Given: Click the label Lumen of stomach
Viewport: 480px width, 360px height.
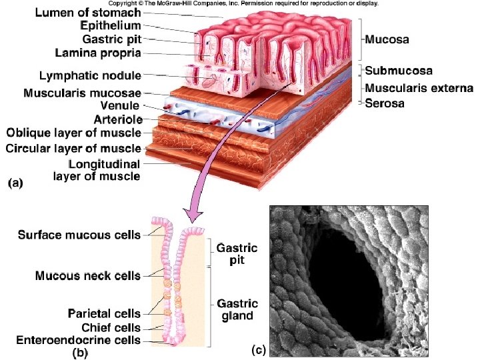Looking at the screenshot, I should [88, 13].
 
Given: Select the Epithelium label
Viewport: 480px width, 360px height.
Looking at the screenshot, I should [110, 26].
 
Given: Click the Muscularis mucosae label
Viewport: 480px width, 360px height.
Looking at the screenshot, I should [87, 93].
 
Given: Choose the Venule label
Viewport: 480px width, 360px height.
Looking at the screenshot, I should [119, 105].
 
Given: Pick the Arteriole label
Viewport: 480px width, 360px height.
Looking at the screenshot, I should [115, 120].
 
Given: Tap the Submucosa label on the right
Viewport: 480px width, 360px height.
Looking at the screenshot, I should [399, 70].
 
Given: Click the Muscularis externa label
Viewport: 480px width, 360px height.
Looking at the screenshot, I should [419, 88].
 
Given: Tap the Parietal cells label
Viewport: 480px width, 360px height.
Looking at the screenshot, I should [105, 313].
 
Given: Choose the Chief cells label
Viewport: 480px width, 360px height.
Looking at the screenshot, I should [111, 327].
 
